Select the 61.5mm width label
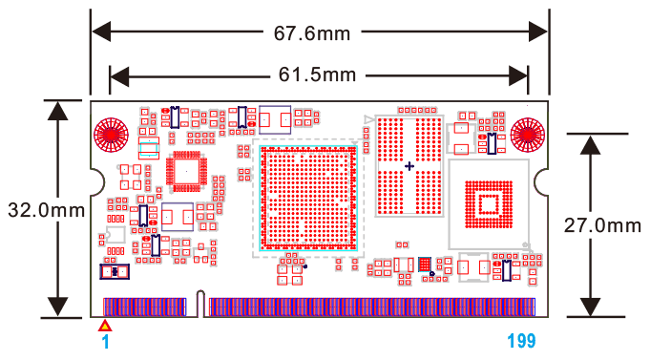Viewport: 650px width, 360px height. (318, 74)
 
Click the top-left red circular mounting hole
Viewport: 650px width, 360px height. (111, 134)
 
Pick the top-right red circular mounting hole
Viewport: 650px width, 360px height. (527, 134)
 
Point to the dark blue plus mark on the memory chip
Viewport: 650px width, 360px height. (410, 166)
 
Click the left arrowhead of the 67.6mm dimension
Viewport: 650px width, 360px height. (100, 33)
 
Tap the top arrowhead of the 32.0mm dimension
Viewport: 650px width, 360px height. (58, 108)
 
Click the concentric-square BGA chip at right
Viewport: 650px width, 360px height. (488, 202)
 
